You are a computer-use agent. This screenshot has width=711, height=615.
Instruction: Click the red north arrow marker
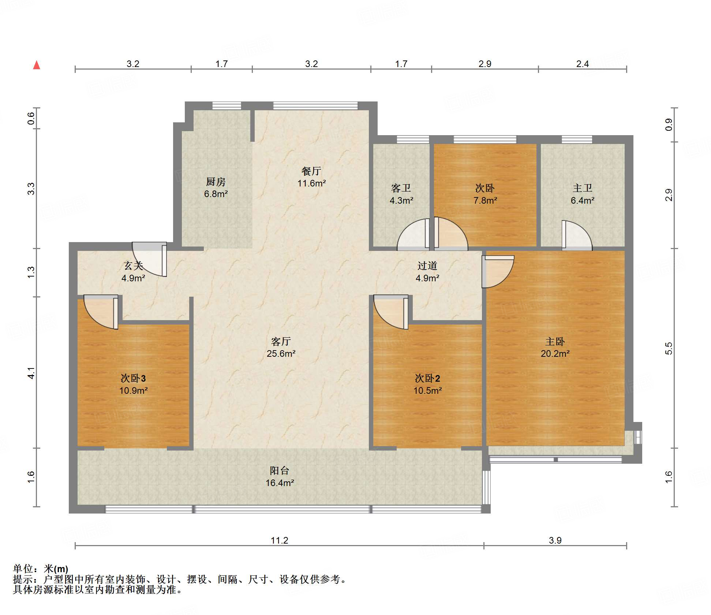tap(37, 65)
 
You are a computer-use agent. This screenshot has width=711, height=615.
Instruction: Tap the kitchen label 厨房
tap(216, 182)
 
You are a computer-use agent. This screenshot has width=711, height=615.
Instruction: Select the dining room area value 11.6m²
tap(311, 183)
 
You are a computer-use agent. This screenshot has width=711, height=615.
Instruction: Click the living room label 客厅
tap(281, 341)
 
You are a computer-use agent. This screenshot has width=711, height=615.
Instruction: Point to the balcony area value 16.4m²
tap(280, 483)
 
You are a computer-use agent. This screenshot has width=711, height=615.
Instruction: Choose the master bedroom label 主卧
tap(555, 341)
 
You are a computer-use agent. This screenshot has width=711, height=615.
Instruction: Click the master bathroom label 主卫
tap(582, 188)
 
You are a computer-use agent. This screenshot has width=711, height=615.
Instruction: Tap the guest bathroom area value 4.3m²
tap(401, 200)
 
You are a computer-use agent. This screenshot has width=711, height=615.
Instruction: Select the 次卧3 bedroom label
tap(133, 378)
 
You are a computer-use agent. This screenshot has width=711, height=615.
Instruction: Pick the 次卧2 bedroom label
tap(427, 378)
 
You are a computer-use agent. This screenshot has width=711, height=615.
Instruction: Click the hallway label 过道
tap(427, 266)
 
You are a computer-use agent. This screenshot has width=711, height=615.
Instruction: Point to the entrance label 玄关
tap(133, 266)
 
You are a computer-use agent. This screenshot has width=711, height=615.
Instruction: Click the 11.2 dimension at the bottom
tap(280, 540)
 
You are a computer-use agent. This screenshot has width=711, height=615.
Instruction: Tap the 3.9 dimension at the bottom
tap(555, 540)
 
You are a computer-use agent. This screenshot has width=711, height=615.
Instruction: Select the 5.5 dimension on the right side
tap(669, 348)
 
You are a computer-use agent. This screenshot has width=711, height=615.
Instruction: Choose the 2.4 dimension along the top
tap(582, 64)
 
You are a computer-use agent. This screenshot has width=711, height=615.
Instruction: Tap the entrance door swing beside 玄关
tap(149, 259)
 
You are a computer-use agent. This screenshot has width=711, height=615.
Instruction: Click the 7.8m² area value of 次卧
tap(485, 200)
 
